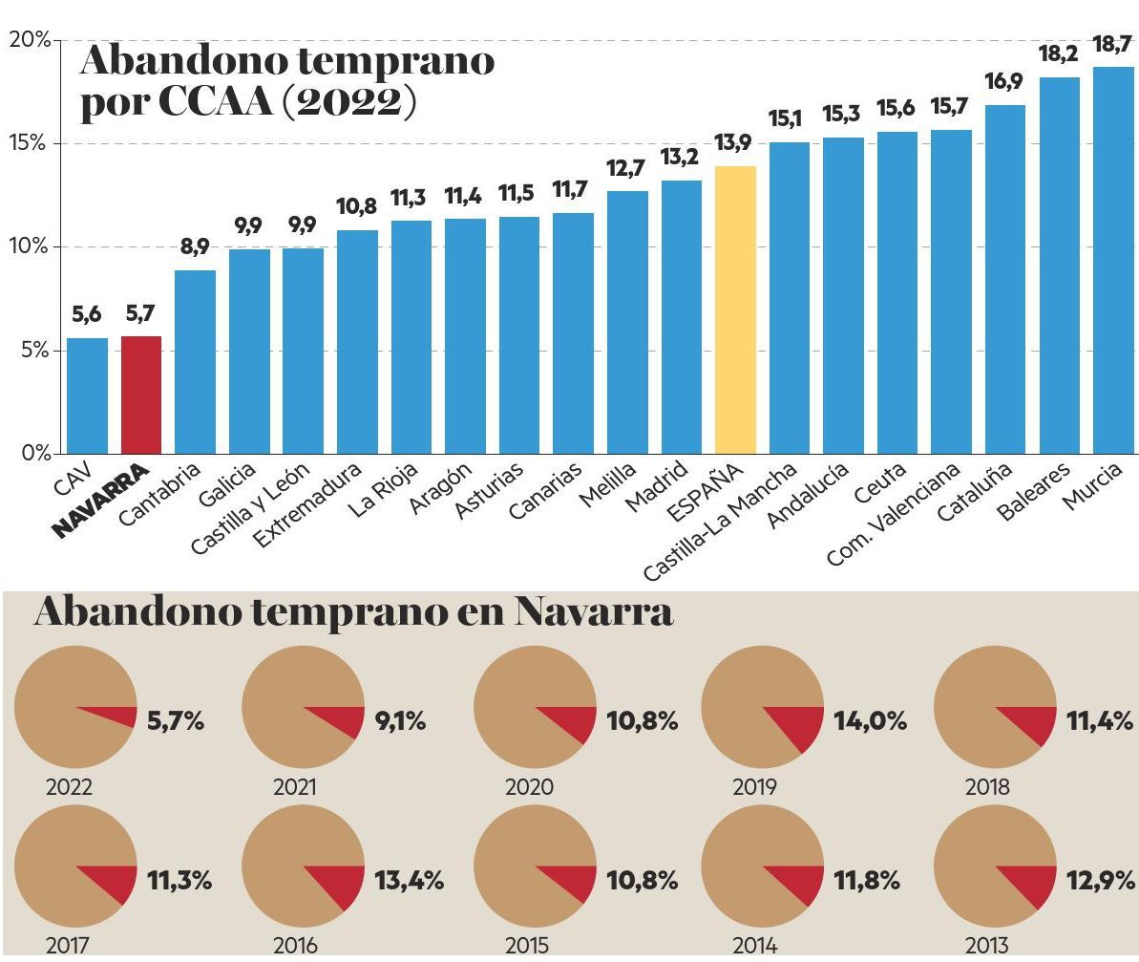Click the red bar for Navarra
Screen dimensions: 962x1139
(141, 395)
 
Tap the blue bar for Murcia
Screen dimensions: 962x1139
(1113, 261)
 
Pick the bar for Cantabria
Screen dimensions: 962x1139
(195, 362)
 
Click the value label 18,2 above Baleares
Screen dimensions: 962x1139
(1058, 54)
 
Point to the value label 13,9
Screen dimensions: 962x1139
(733, 143)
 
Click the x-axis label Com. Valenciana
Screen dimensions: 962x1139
(894, 516)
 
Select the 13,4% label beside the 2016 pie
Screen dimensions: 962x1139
(409, 881)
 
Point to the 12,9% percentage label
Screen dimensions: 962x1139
(1100, 881)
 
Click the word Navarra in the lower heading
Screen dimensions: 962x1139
(593, 612)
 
